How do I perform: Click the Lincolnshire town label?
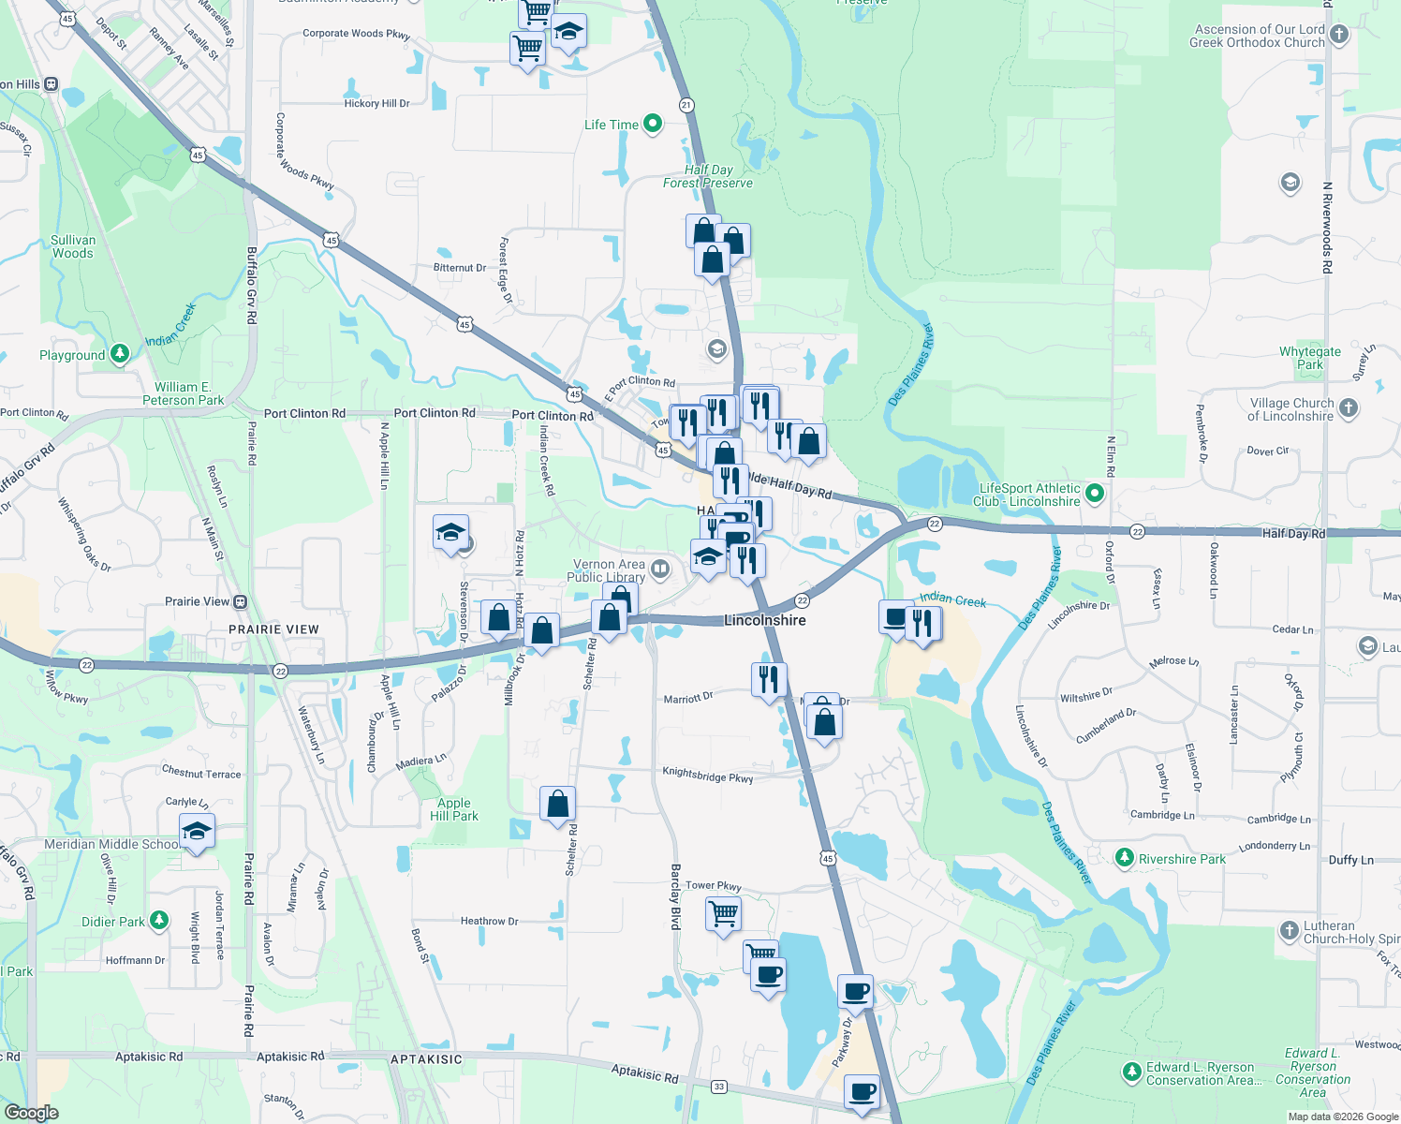(x=764, y=620)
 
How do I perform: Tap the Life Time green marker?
(x=654, y=124)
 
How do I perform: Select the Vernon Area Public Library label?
(x=609, y=570)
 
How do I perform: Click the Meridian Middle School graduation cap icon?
(x=197, y=832)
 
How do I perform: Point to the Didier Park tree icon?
(x=159, y=921)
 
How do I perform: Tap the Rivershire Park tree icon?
(x=1125, y=858)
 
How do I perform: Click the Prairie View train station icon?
(x=241, y=601)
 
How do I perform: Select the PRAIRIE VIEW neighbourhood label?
(x=273, y=629)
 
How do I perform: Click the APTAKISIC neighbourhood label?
(x=426, y=1059)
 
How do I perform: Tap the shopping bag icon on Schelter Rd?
(x=557, y=805)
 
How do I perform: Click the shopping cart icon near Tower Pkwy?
(x=723, y=912)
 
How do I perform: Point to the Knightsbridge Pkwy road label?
(x=707, y=775)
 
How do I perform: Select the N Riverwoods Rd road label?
(x=1327, y=227)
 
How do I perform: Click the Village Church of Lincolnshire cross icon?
(x=1348, y=407)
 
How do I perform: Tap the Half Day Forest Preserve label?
(x=708, y=176)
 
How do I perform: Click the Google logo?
(x=31, y=1113)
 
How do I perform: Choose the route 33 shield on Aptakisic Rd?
(x=718, y=1087)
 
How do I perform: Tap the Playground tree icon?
(x=119, y=353)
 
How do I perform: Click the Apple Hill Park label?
(x=454, y=809)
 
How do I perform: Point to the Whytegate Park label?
(x=1309, y=358)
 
